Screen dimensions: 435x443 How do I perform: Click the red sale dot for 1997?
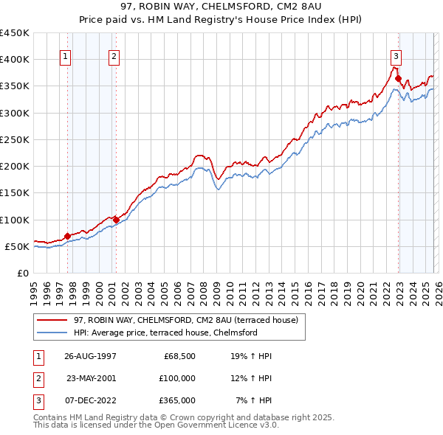point(67,236)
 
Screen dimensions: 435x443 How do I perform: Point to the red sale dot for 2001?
point(116,219)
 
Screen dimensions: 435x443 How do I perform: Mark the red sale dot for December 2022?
point(398,78)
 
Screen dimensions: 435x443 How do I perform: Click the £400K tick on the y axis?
point(15,59)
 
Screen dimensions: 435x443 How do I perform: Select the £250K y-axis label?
point(15,139)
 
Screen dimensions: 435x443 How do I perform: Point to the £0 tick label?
point(22,273)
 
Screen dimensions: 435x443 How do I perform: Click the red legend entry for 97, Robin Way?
point(185,320)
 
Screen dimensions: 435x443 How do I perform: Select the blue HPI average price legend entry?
point(165,333)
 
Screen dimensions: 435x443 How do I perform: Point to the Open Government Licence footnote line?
point(156,425)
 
